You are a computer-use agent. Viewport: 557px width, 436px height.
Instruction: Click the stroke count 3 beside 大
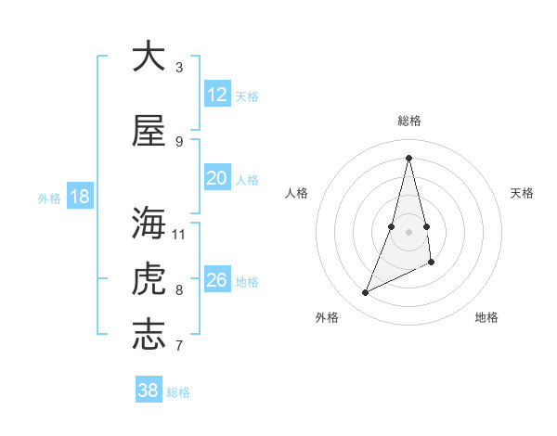tap(179, 68)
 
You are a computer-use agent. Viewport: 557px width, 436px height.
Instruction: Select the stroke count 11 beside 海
tap(179, 234)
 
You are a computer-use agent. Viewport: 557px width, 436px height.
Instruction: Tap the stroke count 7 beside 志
tap(179, 346)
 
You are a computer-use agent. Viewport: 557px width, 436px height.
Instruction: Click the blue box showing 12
tap(216, 95)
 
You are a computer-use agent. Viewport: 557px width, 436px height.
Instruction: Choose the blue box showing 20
tap(216, 178)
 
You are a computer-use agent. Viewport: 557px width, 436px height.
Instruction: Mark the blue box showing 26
tap(216, 280)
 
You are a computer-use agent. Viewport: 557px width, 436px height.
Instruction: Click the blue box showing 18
tap(79, 197)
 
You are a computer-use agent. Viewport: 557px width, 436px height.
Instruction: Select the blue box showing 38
tap(148, 391)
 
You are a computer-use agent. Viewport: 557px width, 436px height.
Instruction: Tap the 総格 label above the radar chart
tap(409, 121)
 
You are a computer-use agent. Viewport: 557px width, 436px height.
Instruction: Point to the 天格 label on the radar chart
tap(523, 193)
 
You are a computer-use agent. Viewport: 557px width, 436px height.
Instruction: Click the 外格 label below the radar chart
tap(327, 318)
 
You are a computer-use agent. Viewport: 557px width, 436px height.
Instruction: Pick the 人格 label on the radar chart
tap(297, 193)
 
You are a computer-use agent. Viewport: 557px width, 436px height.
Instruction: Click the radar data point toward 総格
tap(409, 157)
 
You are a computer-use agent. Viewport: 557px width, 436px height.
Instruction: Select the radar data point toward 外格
tap(365, 293)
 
